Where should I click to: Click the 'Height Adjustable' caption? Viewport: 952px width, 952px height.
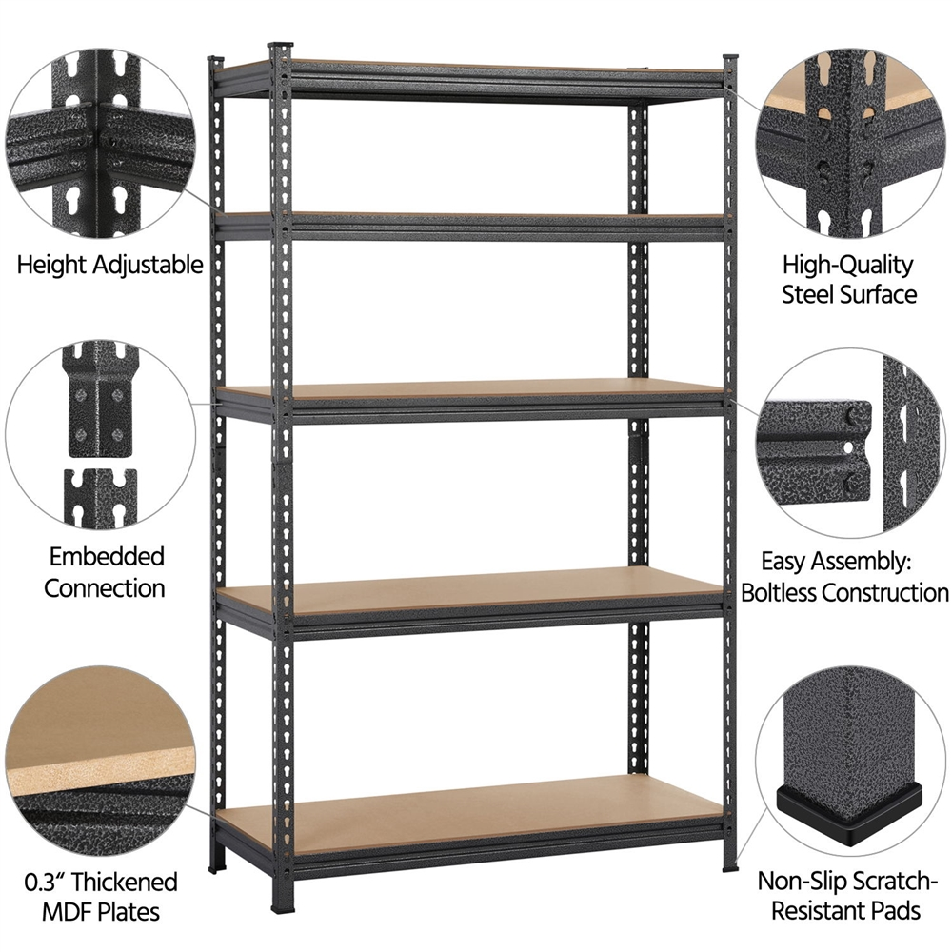(x=110, y=264)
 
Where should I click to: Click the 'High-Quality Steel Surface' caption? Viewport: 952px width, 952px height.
(x=849, y=279)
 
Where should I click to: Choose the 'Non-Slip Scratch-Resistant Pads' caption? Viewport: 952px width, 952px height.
(x=845, y=896)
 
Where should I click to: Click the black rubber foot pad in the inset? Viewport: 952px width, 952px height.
(x=843, y=805)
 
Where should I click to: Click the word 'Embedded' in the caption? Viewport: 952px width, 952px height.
(x=105, y=556)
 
